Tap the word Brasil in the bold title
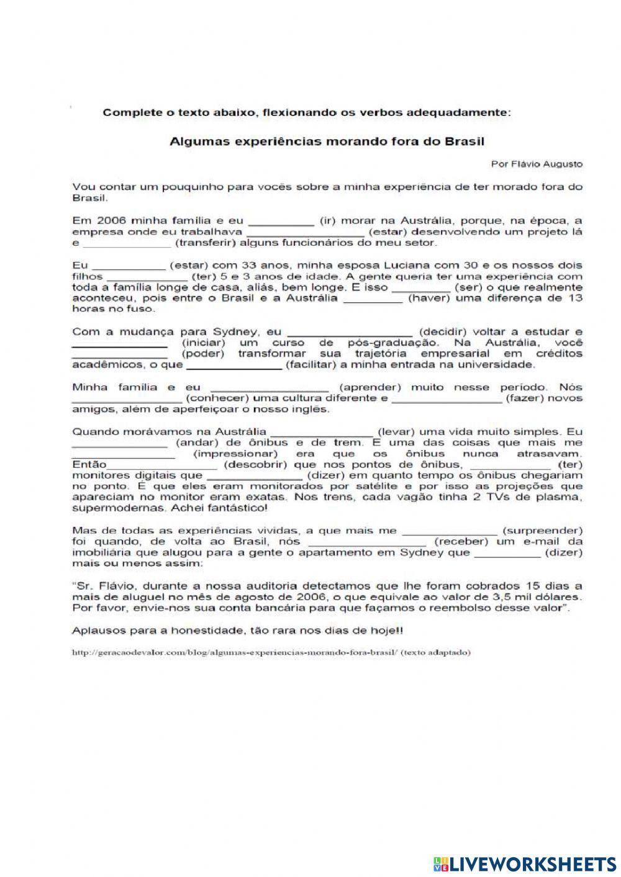pyautogui.click(x=464, y=142)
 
